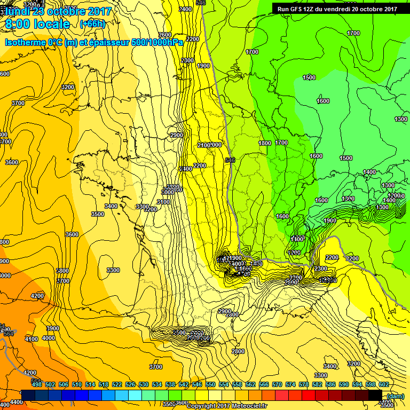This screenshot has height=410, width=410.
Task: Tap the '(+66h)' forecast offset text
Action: (x=92, y=24)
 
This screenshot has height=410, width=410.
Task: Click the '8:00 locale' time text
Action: (x=37, y=24)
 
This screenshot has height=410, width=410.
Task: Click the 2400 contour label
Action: (x=185, y=9)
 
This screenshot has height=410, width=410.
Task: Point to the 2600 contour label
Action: (x=165, y=35)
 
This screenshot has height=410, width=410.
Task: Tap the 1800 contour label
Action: (x=265, y=143)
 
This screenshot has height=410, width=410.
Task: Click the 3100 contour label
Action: (x=163, y=202)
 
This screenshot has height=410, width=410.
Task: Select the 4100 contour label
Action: (x=31, y=338)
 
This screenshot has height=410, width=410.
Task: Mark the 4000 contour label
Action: (x=49, y=337)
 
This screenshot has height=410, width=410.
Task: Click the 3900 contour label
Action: (x=53, y=328)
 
